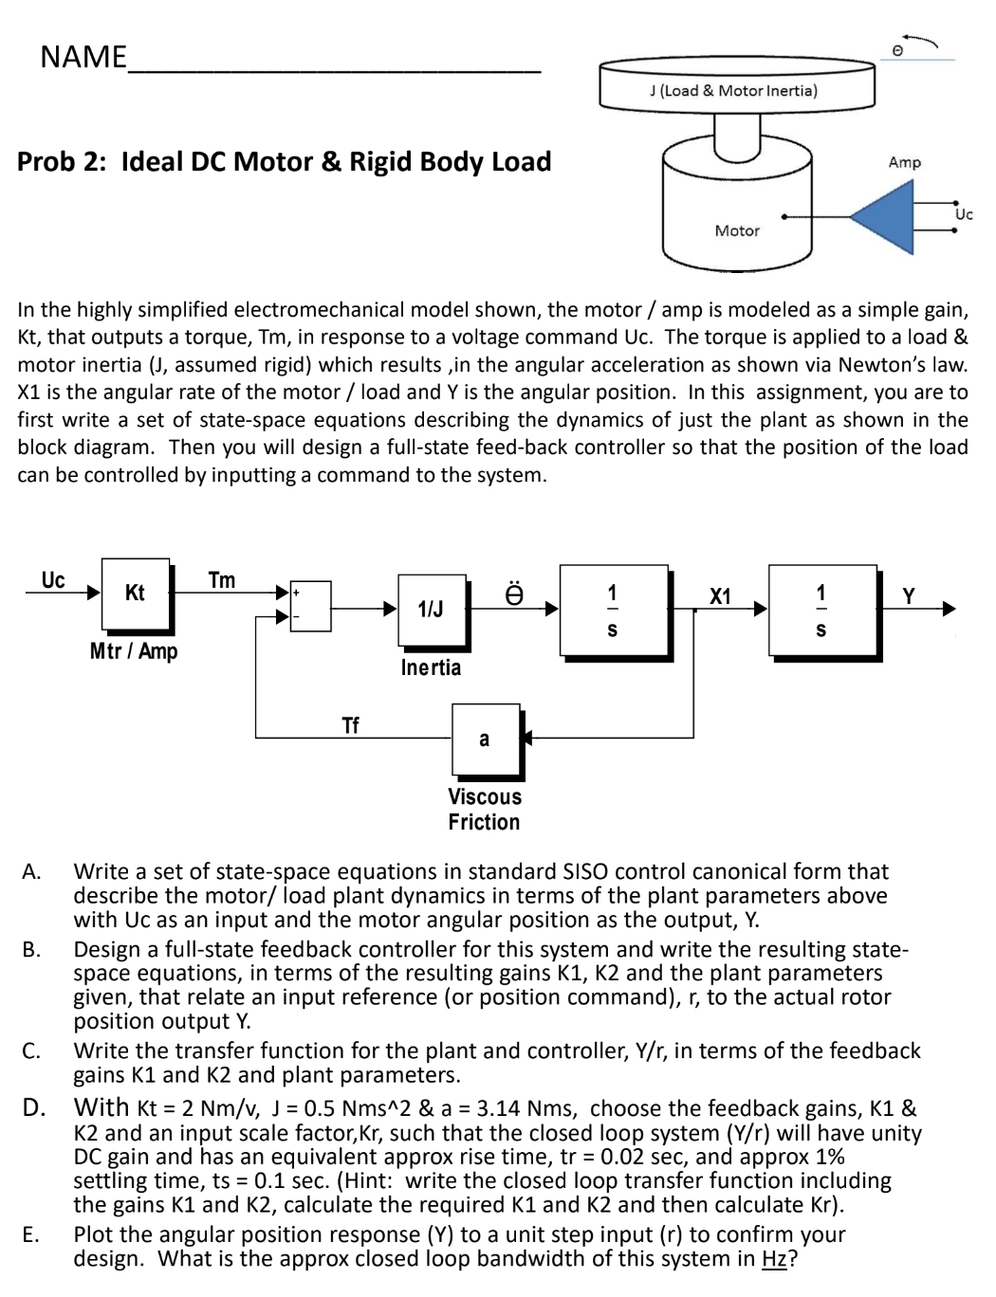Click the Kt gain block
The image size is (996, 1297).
(x=135, y=594)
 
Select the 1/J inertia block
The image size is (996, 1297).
(x=432, y=609)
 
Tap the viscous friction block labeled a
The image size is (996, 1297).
(x=485, y=740)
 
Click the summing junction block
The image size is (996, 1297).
(x=310, y=606)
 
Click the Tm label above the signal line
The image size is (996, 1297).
(x=221, y=580)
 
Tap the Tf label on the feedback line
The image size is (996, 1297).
(x=350, y=725)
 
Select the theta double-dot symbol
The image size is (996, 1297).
(x=513, y=594)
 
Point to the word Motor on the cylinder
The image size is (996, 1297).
(x=737, y=230)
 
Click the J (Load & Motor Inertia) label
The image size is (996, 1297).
(x=733, y=91)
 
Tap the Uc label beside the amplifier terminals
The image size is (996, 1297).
(x=964, y=214)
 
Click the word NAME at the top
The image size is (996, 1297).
(x=83, y=57)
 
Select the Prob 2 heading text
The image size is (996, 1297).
(x=284, y=161)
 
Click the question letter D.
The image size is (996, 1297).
(x=34, y=1107)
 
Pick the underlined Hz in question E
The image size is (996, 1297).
(x=774, y=1259)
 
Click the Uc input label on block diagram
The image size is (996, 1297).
(x=53, y=580)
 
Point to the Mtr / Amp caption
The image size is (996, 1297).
(x=134, y=651)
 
